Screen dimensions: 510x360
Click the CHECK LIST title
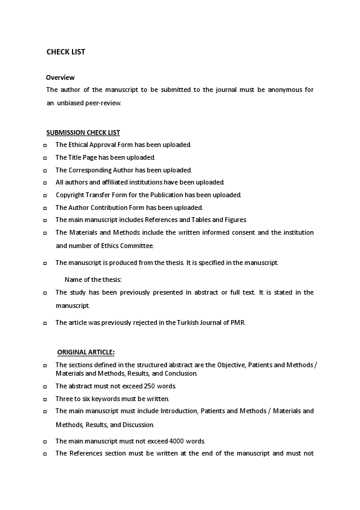coord(66,52)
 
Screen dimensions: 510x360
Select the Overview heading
coord(61,77)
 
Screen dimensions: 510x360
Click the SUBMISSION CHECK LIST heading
coord(83,133)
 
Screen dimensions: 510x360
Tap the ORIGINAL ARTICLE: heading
coord(86,352)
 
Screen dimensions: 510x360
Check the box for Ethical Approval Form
coord(45,145)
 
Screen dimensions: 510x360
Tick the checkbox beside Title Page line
coord(45,158)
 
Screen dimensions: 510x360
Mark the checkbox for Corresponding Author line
coord(45,171)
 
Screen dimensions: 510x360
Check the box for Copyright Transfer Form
coord(45,195)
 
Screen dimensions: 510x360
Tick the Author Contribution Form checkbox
coord(45,208)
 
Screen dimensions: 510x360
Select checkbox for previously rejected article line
coord(45,323)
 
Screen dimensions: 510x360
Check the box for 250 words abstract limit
coord(45,387)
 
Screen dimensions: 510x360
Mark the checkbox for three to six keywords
coord(45,399)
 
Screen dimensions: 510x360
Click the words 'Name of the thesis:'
coord(93,280)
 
